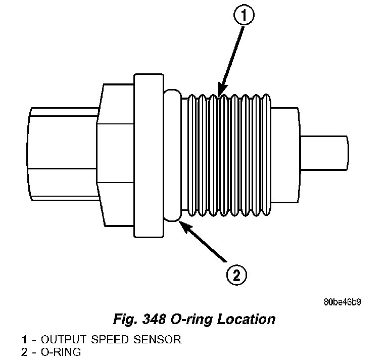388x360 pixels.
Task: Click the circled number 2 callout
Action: coord(237,276)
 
